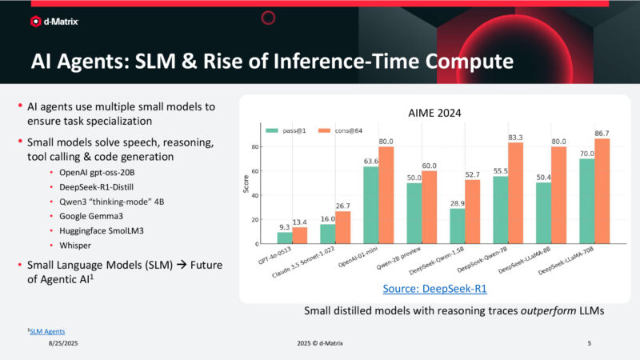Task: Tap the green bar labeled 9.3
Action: [x=285, y=238]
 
